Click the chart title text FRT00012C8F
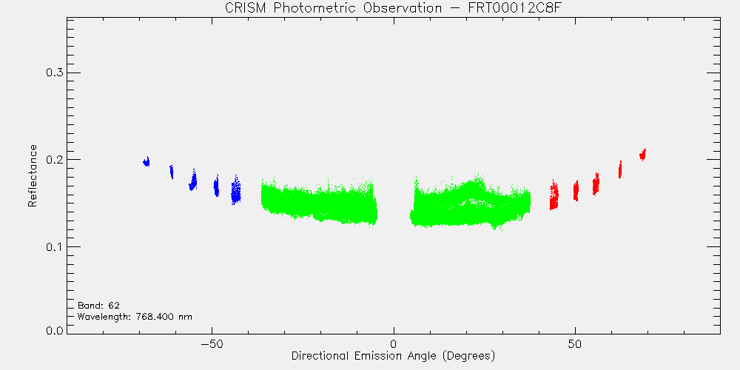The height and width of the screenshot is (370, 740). click(x=477, y=8)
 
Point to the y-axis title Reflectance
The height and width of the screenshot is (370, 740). click(x=32, y=176)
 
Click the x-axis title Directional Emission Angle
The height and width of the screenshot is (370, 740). click(x=362, y=355)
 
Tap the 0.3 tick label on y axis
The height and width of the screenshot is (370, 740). click(x=54, y=73)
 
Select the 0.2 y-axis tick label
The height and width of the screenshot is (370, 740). click(x=54, y=160)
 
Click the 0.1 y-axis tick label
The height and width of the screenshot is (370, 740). click(x=54, y=247)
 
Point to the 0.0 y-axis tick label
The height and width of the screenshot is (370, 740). click(x=54, y=330)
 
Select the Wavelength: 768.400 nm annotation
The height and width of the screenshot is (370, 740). click(x=135, y=317)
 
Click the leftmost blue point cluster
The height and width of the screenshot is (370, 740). click(x=147, y=162)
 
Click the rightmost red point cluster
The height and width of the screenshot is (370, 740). click(x=642, y=155)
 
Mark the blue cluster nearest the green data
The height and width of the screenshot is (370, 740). click(x=236, y=189)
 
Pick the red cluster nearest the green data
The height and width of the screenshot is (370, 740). click(x=554, y=195)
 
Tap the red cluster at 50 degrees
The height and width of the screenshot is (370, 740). click(x=576, y=191)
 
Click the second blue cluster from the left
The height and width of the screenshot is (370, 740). click(x=172, y=172)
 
